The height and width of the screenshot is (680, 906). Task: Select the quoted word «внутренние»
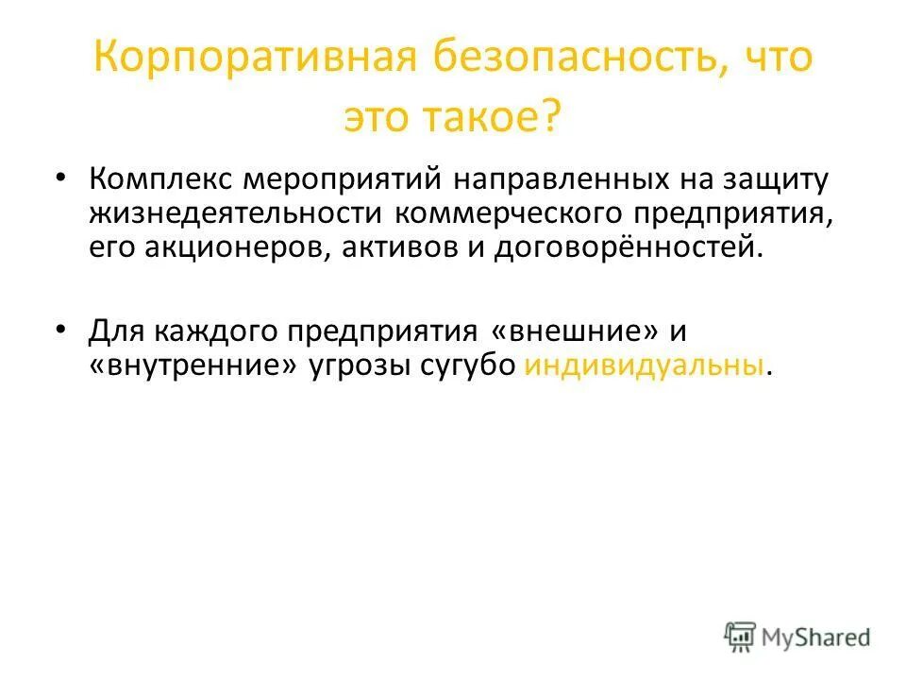coord(198,365)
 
